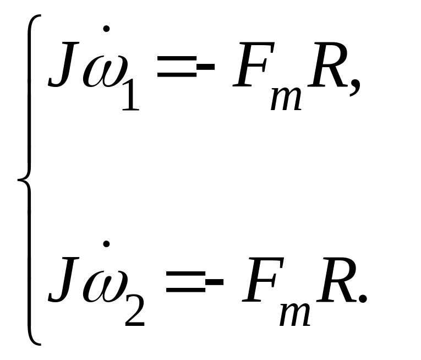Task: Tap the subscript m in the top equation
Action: [x=287, y=99]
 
